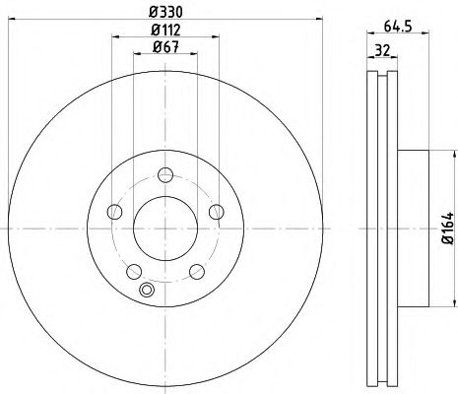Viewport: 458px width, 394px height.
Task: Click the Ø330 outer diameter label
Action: click(164, 12)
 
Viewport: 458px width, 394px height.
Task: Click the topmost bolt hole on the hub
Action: click(165, 176)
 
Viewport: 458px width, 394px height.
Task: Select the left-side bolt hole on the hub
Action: click(115, 213)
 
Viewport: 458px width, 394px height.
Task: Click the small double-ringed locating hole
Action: click(149, 290)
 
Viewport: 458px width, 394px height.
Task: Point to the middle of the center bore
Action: click(165, 229)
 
